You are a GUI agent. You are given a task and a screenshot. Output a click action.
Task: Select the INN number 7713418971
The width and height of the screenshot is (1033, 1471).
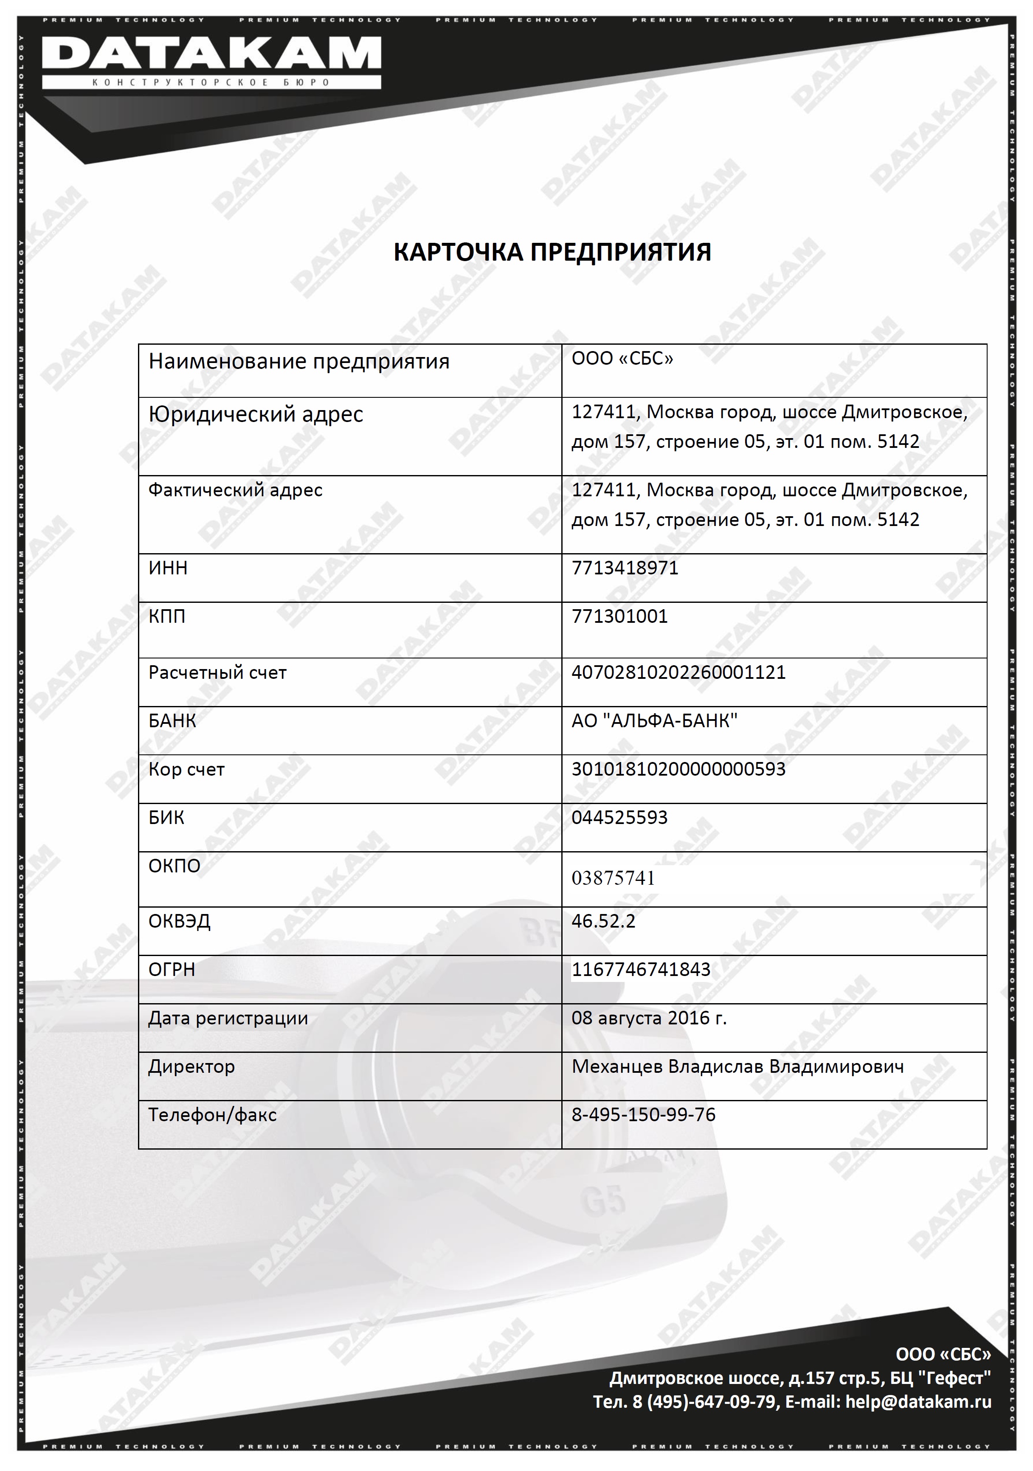click(625, 568)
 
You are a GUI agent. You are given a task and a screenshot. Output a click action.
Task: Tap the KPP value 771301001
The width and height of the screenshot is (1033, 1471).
click(619, 616)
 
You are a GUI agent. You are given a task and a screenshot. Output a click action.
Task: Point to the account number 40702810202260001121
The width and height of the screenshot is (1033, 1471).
click(678, 673)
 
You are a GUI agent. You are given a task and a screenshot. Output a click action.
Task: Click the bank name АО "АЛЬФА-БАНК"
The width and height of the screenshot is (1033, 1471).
click(654, 721)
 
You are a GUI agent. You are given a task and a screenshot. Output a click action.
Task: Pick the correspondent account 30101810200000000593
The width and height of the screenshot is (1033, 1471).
click(678, 769)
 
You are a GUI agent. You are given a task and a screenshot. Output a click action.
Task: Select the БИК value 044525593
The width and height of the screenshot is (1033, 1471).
click(619, 818)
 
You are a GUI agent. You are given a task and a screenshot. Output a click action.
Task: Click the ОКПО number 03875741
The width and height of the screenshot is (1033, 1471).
click(613, 878)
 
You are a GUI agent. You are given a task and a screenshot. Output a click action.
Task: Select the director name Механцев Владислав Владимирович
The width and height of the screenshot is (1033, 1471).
click(737, 1067)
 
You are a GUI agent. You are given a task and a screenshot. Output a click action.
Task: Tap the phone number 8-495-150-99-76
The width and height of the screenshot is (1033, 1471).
click(643, 1115)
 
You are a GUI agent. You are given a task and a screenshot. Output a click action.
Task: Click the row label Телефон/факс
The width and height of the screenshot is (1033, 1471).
click(212, 1115)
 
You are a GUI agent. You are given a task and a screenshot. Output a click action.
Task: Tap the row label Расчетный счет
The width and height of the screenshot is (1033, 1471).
click(217, 673)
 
